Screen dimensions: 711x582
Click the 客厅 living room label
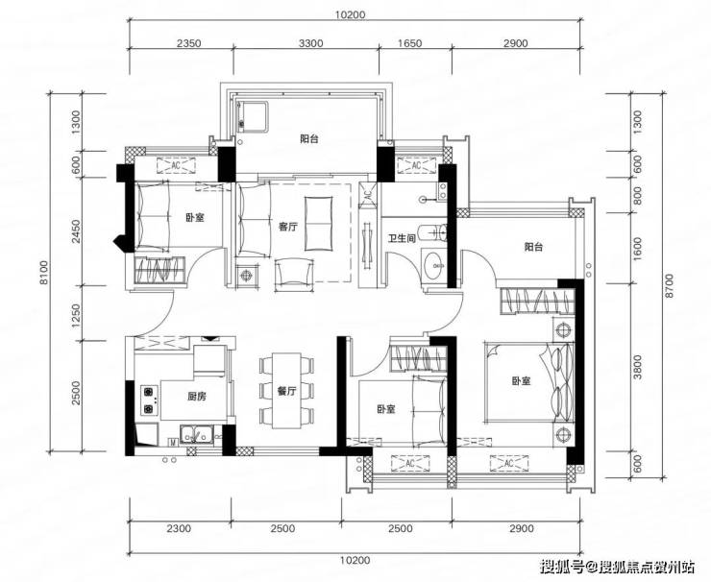(x=288, y=227)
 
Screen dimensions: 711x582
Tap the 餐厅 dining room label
(x=286, y=391)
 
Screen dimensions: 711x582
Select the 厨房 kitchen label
(x=197, y=397)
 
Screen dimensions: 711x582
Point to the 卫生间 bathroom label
(x=402, y=238)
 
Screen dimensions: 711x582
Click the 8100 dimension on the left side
(x=43, y=273)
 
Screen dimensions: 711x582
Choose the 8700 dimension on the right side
(x=671, y=285)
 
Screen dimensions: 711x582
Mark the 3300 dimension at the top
(x=310, y=43)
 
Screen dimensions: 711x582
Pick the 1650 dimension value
(x=409, y=43)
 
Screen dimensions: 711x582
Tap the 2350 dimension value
(x=188, y=43)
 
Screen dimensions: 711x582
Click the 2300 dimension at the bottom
(x=179, y=528)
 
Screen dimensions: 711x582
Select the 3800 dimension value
(x=638, y=367)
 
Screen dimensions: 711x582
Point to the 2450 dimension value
(x=76, y=231)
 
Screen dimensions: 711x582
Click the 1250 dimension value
(x=76, y=315)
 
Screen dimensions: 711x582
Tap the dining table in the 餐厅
(x=286, y=391)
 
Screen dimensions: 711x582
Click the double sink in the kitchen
(x=197, y=434)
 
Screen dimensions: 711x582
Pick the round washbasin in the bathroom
(x=436, y=265)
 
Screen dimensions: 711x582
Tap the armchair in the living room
(x=294, y=275)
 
